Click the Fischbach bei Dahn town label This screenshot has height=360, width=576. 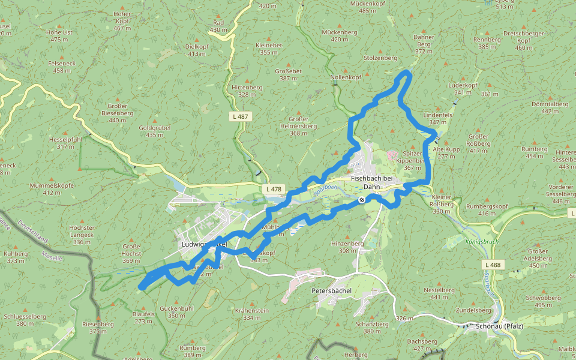click(371, 182)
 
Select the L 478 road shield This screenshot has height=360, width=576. click(272, 189)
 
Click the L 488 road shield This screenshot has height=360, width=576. click(493, 265)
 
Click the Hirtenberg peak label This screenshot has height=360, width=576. click(247, 87)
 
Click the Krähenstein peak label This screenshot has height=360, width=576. click(252, 310)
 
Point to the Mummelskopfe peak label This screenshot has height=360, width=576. click(52, 185)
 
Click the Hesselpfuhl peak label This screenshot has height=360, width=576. click(65, 139)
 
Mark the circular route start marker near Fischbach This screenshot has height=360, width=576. click(362, 200)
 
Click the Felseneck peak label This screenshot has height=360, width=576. click(62, 62)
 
